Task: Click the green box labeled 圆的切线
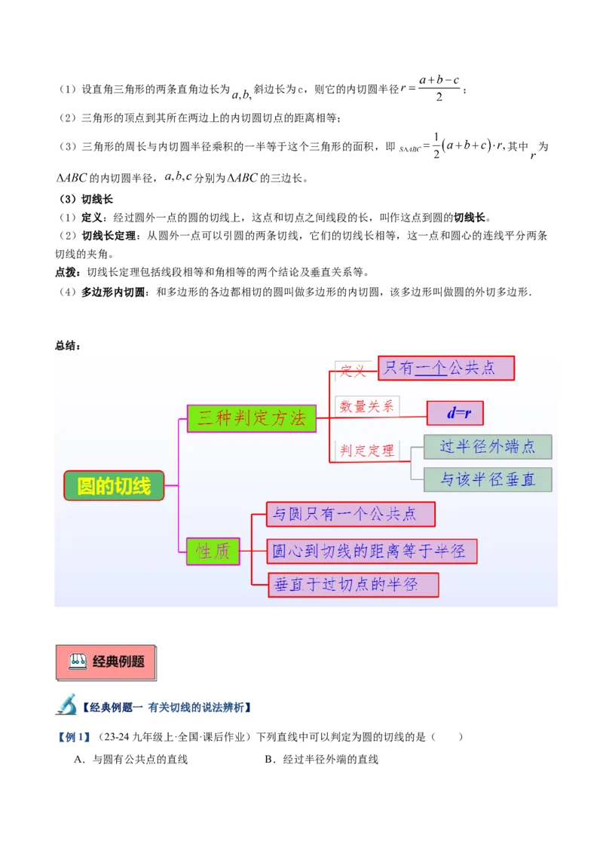pyautogui.click(x=114, y=485)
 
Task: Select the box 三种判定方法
pyautogui.click(x=252, y=418)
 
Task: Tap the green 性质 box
pyautogui.click(x=213, y=551)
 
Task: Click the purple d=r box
pyautogui.click(x=455, y=413)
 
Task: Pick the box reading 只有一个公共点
pyautogui.click(x=445, y=368)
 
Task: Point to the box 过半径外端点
pyautogui.click(x=488, y=447)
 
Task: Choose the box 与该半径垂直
pyautogui.click(x=488, y=479)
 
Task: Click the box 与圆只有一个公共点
pyautogui.click(x=350, y=514)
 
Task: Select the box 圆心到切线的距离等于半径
pyautogui.click(x=372, y=551)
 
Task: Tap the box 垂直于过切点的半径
pyautogui.click(x=354, y=585)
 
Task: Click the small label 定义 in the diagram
pyautogui.click(x=354, y=371)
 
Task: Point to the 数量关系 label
pyautogui.click(x=367, y=406)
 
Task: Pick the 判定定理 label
pyautogui.click(x=367, y=451)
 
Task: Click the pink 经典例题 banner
pyautogui.click(x=106, y=662)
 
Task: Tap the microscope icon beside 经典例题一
pyautogui.click(x=66, y=704)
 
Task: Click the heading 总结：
pyautogui.click(x=68, y=345)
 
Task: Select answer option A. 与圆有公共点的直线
pyautogui.click(x=131, y=759)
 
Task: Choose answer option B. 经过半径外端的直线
pyautogui.click(x=321, y=759)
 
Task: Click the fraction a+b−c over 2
pyautogui.click(x=439, y=88)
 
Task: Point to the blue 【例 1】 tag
pyautogui.click(x=74, y=737)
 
